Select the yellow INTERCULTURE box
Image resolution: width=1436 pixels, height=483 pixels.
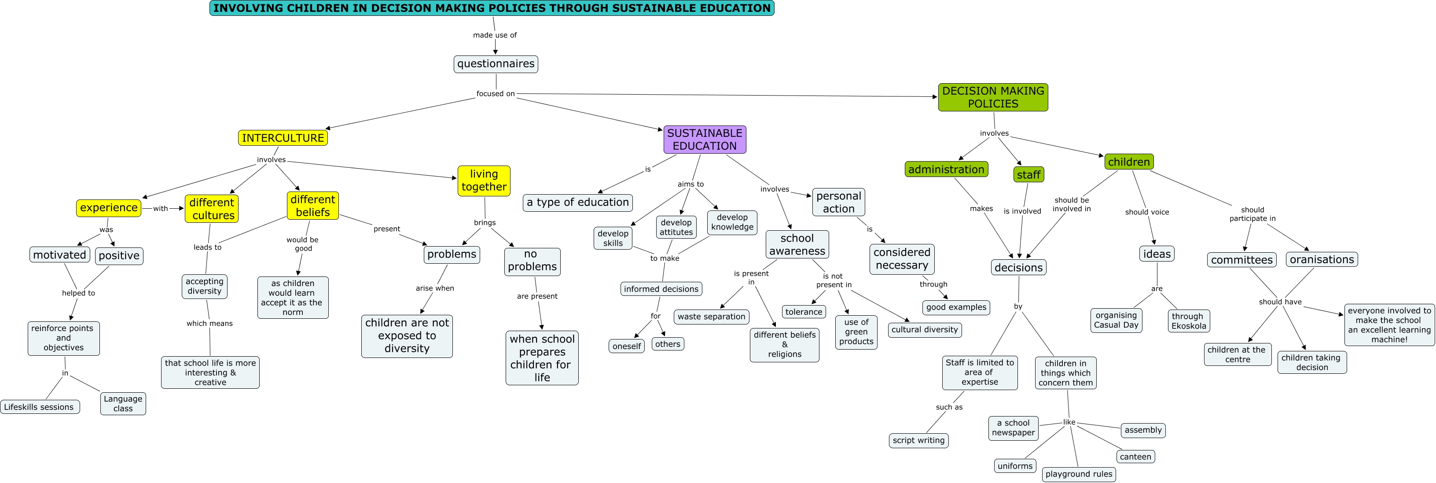pyautogui.click(x=283, y=138)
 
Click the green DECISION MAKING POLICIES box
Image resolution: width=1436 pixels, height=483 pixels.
pyautogui.click(x=993, y=97)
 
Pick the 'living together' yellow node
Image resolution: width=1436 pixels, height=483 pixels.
pyautogui.click(x=484, y=181)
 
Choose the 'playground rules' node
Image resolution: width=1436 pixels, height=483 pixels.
pyautogui.click(x=1079, y=474)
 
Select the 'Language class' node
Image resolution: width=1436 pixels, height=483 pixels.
pyautogui.click(x=123, y=403)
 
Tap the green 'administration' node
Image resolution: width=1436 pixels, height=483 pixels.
pyautogui.click(x=946, y=170)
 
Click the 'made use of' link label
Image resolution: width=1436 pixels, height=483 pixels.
pyautogui.click(x=495, y=35)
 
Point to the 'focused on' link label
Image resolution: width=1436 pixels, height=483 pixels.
pyautogui.click(x=495, y=94)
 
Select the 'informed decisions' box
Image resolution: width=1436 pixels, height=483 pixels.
pyautogui.click(x=661, y=289)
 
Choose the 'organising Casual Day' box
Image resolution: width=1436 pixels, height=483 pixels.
pyautogui.click(x=1116, y=320)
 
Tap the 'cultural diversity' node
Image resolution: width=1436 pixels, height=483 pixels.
pyautogui.click(x=924, y=330)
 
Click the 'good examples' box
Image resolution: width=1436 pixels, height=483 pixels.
pyautogui.click(x=956, y=307)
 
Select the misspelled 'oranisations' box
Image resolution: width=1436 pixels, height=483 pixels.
pyautogui.click(x=1322, y=259)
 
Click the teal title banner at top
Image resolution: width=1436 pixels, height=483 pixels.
pyautogui.click(x=492, y=8)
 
